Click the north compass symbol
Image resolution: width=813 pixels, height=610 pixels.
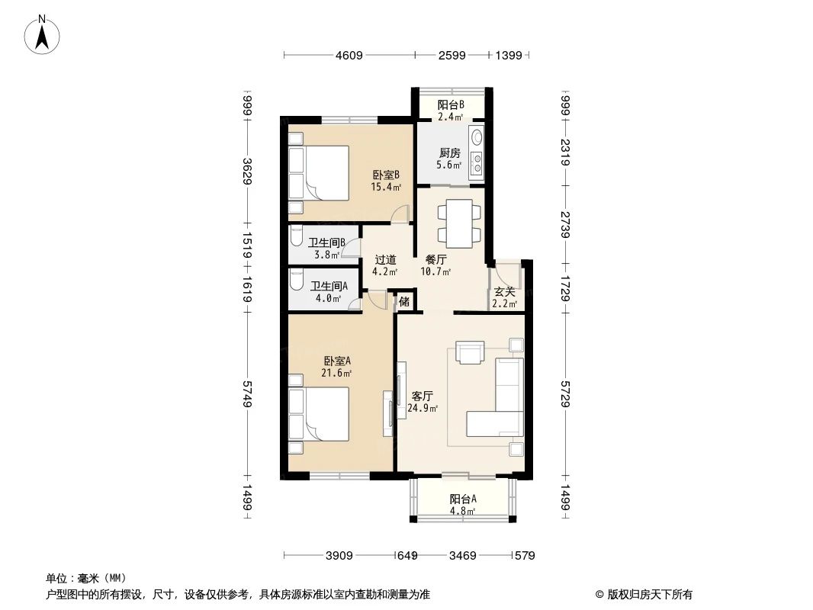click(43, 34)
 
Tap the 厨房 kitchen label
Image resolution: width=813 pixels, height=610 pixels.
click(450, 152)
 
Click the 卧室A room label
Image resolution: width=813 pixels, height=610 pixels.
click(337, 361)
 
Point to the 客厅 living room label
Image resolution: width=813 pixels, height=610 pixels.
click(423, 396)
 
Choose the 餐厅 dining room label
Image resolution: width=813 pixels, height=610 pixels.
click(435, 259)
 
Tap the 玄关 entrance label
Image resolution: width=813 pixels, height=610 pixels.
click(504, 291)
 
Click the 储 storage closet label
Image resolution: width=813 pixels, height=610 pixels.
click(405, 301)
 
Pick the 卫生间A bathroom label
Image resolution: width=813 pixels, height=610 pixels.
click(329, 286)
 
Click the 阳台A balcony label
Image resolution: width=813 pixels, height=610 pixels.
click(463, 499)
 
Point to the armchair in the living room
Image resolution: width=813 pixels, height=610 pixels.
click(470, 352)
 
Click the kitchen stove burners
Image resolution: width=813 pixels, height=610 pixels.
click(477, 163)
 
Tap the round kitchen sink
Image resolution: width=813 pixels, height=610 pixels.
click(477, 139)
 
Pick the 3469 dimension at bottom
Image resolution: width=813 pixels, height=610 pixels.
click(464, 555)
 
